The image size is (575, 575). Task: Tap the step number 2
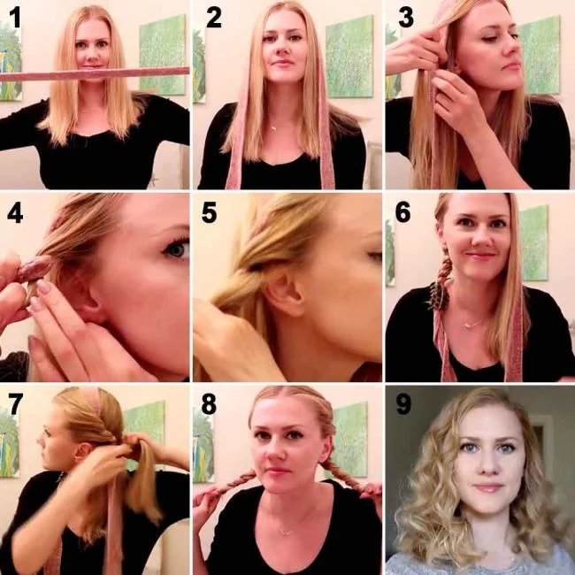click(212, 19)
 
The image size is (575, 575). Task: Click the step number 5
click(209, 215)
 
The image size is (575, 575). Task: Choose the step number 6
click(402, 215)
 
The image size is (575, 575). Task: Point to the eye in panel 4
click(177, 249)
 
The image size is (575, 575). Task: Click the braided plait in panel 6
click(440, 274)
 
